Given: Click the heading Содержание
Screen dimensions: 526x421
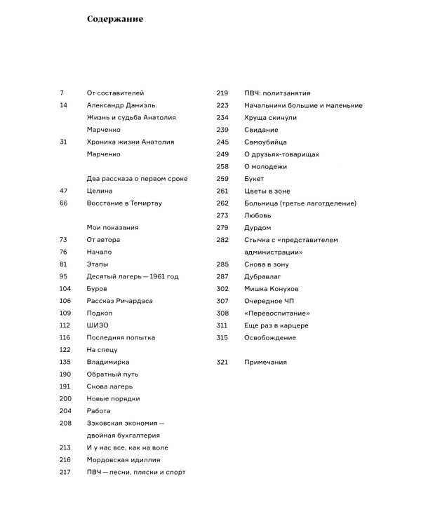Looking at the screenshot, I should tap(114, 19).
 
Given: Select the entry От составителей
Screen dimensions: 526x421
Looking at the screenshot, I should tap(114, 93).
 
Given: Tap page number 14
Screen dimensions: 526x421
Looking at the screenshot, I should tap(64, 105).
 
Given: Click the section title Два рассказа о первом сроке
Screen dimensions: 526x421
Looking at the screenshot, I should tap(137, 179).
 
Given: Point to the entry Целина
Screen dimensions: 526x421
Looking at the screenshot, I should tap(100, 191).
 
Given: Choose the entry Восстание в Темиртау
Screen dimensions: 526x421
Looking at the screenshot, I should tap(124, 203).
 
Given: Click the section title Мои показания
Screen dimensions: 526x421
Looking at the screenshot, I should tap(112, 227).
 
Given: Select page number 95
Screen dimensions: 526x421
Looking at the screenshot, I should tap(64, 276).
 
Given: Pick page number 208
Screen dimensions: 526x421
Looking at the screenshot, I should tap(66, 423).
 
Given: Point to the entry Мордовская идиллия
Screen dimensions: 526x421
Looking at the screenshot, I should tap(123, 460).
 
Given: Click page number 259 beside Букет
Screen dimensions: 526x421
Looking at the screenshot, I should tap(222, 179).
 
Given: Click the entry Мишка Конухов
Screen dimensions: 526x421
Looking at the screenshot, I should tap(272, 288).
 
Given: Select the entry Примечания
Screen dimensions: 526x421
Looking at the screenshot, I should tap(265, 362).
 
